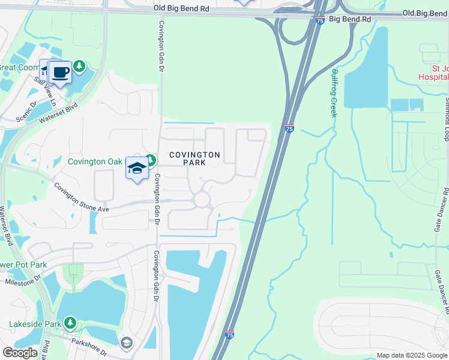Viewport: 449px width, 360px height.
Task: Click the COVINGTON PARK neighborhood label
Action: [x=194, y=159]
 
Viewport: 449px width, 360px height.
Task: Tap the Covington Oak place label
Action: [x=95, y=161]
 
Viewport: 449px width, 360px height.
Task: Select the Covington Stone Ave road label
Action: [x=81, y=197]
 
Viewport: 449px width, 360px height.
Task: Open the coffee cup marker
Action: [x=60, y=73]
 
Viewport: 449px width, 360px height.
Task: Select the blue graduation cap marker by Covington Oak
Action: [x=137, y=170]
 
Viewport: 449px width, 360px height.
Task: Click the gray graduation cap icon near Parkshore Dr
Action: [x=126, y=343]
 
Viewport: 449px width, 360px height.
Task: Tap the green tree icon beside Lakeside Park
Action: [x=70, y=323]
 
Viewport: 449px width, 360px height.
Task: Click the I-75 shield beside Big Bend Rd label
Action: [x=320, y=20]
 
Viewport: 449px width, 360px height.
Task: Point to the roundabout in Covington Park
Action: [x=201, y=199]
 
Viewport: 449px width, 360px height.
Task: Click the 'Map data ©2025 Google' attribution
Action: [x=412, y=355]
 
